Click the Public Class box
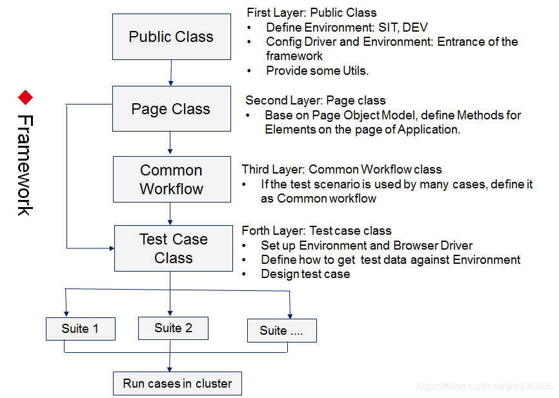(171, 37)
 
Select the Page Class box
(171, 109)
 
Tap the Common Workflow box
(171, 179)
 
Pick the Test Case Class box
(173, 248)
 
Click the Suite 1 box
(80, 329)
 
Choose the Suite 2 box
(173, 328)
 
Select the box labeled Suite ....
(281, 330)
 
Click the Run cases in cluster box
(177, 384)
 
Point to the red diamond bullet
(25, 97)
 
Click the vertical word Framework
(25, 165)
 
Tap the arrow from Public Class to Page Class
(171, 73)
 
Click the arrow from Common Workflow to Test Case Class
(170, 214)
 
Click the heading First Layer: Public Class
(312, 12)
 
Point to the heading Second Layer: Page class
(316, 101)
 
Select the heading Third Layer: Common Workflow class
(341, 170)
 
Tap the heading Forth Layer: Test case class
(316, 231)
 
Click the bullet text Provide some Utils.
(317, 71)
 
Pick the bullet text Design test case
(305, 274)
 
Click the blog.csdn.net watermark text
(484, 386)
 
